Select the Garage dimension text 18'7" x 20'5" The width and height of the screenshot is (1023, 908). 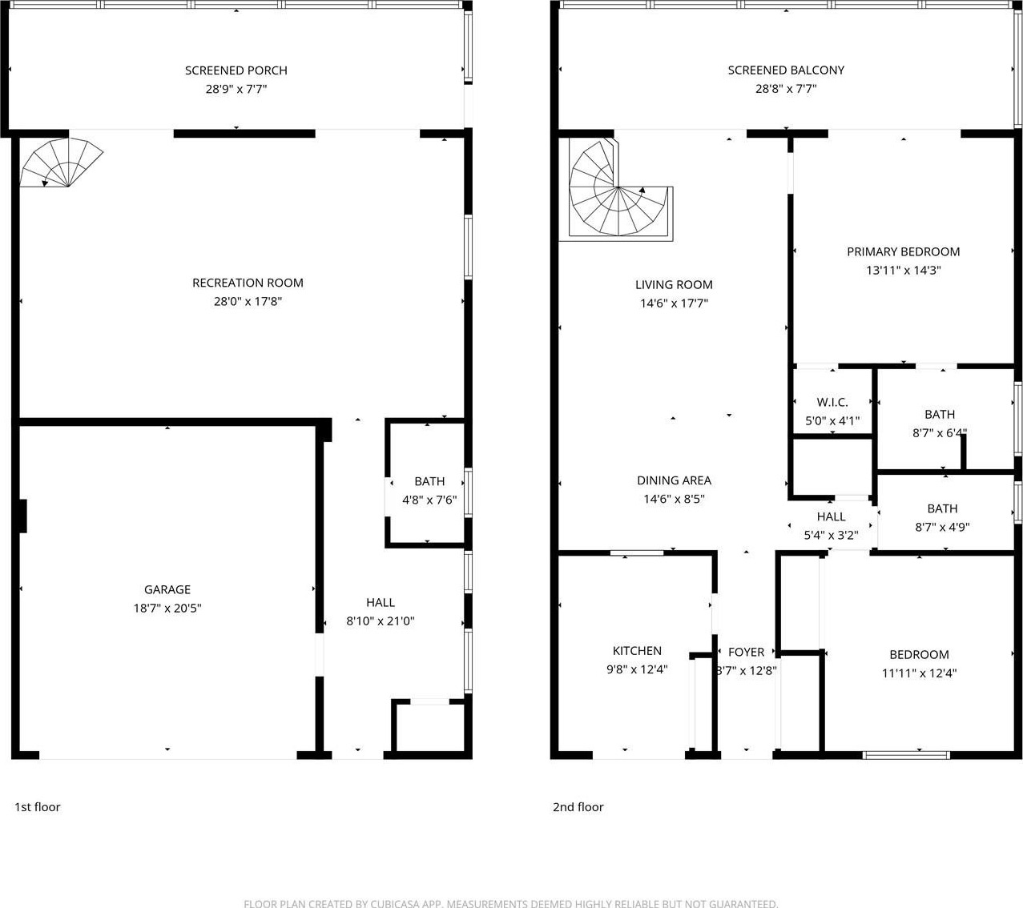click(167, 609)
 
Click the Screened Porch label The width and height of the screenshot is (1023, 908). click(236, 70)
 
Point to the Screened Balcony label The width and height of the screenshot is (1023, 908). click(786, 70)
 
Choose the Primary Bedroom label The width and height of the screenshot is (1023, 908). click(904, 251)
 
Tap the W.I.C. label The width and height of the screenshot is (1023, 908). click(832, 402)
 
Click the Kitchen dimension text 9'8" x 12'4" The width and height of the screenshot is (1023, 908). click(637, 669)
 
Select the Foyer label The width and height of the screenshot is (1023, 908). click(747, 652)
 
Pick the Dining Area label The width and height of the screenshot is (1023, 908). click(674, 480)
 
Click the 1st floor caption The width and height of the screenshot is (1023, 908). click(38, 806)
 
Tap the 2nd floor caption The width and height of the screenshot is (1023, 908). click(578, 806)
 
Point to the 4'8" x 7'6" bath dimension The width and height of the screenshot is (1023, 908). click(429, 500)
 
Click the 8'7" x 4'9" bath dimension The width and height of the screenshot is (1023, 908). click(942, 527)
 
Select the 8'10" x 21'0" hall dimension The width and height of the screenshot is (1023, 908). click(381, 621)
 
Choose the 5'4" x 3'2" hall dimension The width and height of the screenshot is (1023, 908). click(831, 535)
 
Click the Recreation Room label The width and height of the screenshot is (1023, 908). click(248, 283)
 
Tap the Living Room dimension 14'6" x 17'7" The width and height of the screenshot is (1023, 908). click(674, 303)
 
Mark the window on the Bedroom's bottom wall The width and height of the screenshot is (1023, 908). click(906, 755)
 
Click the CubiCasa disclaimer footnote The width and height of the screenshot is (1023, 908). click(510, 903)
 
